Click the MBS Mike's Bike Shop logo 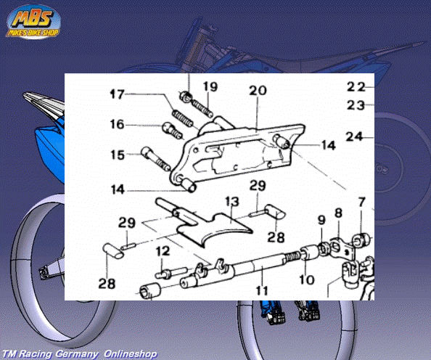point(33,22)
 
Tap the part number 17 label point(118,94)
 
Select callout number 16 point(118,124)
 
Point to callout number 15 point(118,155)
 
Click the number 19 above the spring point(210,86)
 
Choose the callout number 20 point(258,91)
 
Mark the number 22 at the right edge point(356,87)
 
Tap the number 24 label point(355,136)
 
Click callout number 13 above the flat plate point(232,201)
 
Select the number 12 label point(163,251)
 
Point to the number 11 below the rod point(261,290)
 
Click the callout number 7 point(361,202)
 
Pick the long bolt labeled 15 point(156,159)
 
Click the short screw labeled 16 point(173,131)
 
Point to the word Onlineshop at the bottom point(131,353)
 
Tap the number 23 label point(356,105)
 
